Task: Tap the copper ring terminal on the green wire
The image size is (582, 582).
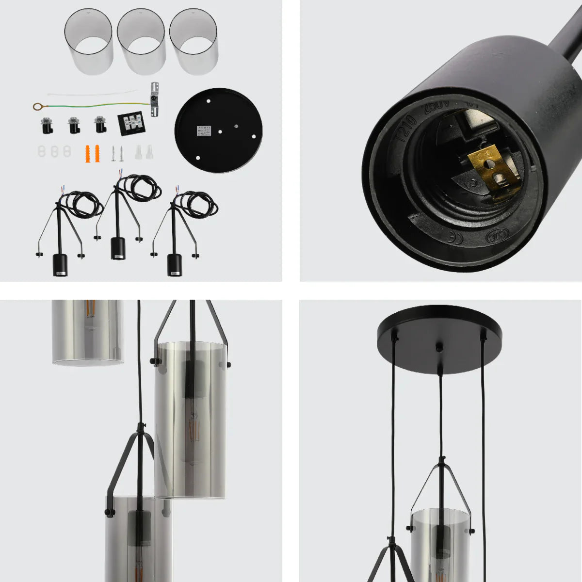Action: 37,106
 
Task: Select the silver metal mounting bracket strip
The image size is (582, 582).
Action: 155,99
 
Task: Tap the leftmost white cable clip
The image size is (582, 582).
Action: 42,151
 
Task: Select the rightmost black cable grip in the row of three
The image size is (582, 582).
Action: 100,125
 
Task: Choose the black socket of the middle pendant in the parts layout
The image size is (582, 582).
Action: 117,248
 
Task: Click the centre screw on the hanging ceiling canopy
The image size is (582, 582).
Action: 439,348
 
